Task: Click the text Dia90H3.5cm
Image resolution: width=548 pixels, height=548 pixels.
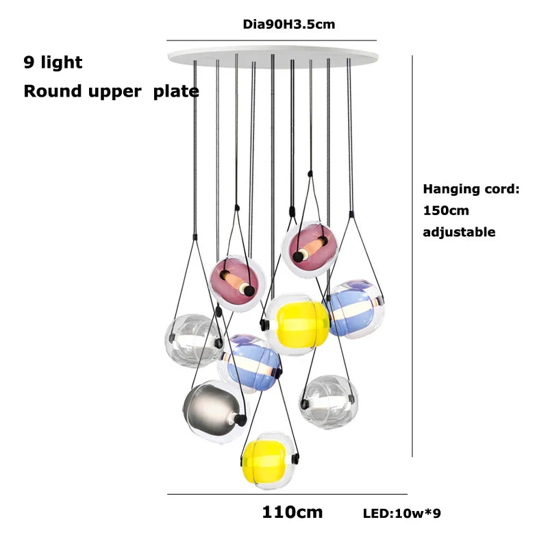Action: (x=289, y=25)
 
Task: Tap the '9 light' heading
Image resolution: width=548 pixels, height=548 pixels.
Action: (x=53, y=62)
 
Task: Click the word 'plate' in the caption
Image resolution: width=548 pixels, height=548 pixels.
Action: (x=176, y=91)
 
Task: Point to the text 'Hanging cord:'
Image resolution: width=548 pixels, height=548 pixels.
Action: (x=471, y=189)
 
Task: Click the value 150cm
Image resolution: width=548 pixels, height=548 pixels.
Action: (x=446, y=210)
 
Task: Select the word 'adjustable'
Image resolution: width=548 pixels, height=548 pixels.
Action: (x=458, y=232)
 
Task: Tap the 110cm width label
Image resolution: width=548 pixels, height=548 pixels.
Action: (x=292, y=512)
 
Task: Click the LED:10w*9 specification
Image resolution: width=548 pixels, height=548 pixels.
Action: (x=402, y=513)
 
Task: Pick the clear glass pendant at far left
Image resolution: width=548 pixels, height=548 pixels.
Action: (x=192, y=340)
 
